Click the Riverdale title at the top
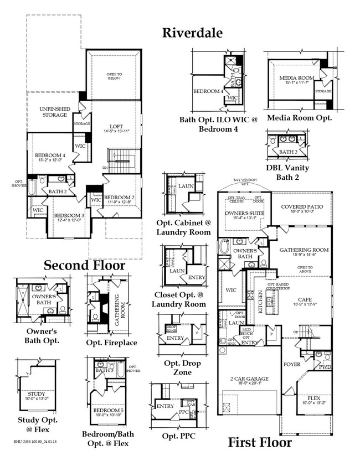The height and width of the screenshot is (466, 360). point(192,33)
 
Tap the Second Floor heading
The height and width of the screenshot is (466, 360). point(84,265)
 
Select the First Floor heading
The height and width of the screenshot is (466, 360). point(259,442)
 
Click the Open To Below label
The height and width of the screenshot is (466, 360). point(117,77)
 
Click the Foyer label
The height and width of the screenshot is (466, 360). point(292,364)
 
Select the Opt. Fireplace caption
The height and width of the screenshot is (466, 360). point(111,343)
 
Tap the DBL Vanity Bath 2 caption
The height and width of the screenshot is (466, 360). point(287,172)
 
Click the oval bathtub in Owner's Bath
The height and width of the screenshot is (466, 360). point(225,247)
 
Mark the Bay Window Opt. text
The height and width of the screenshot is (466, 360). point(244,182)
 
